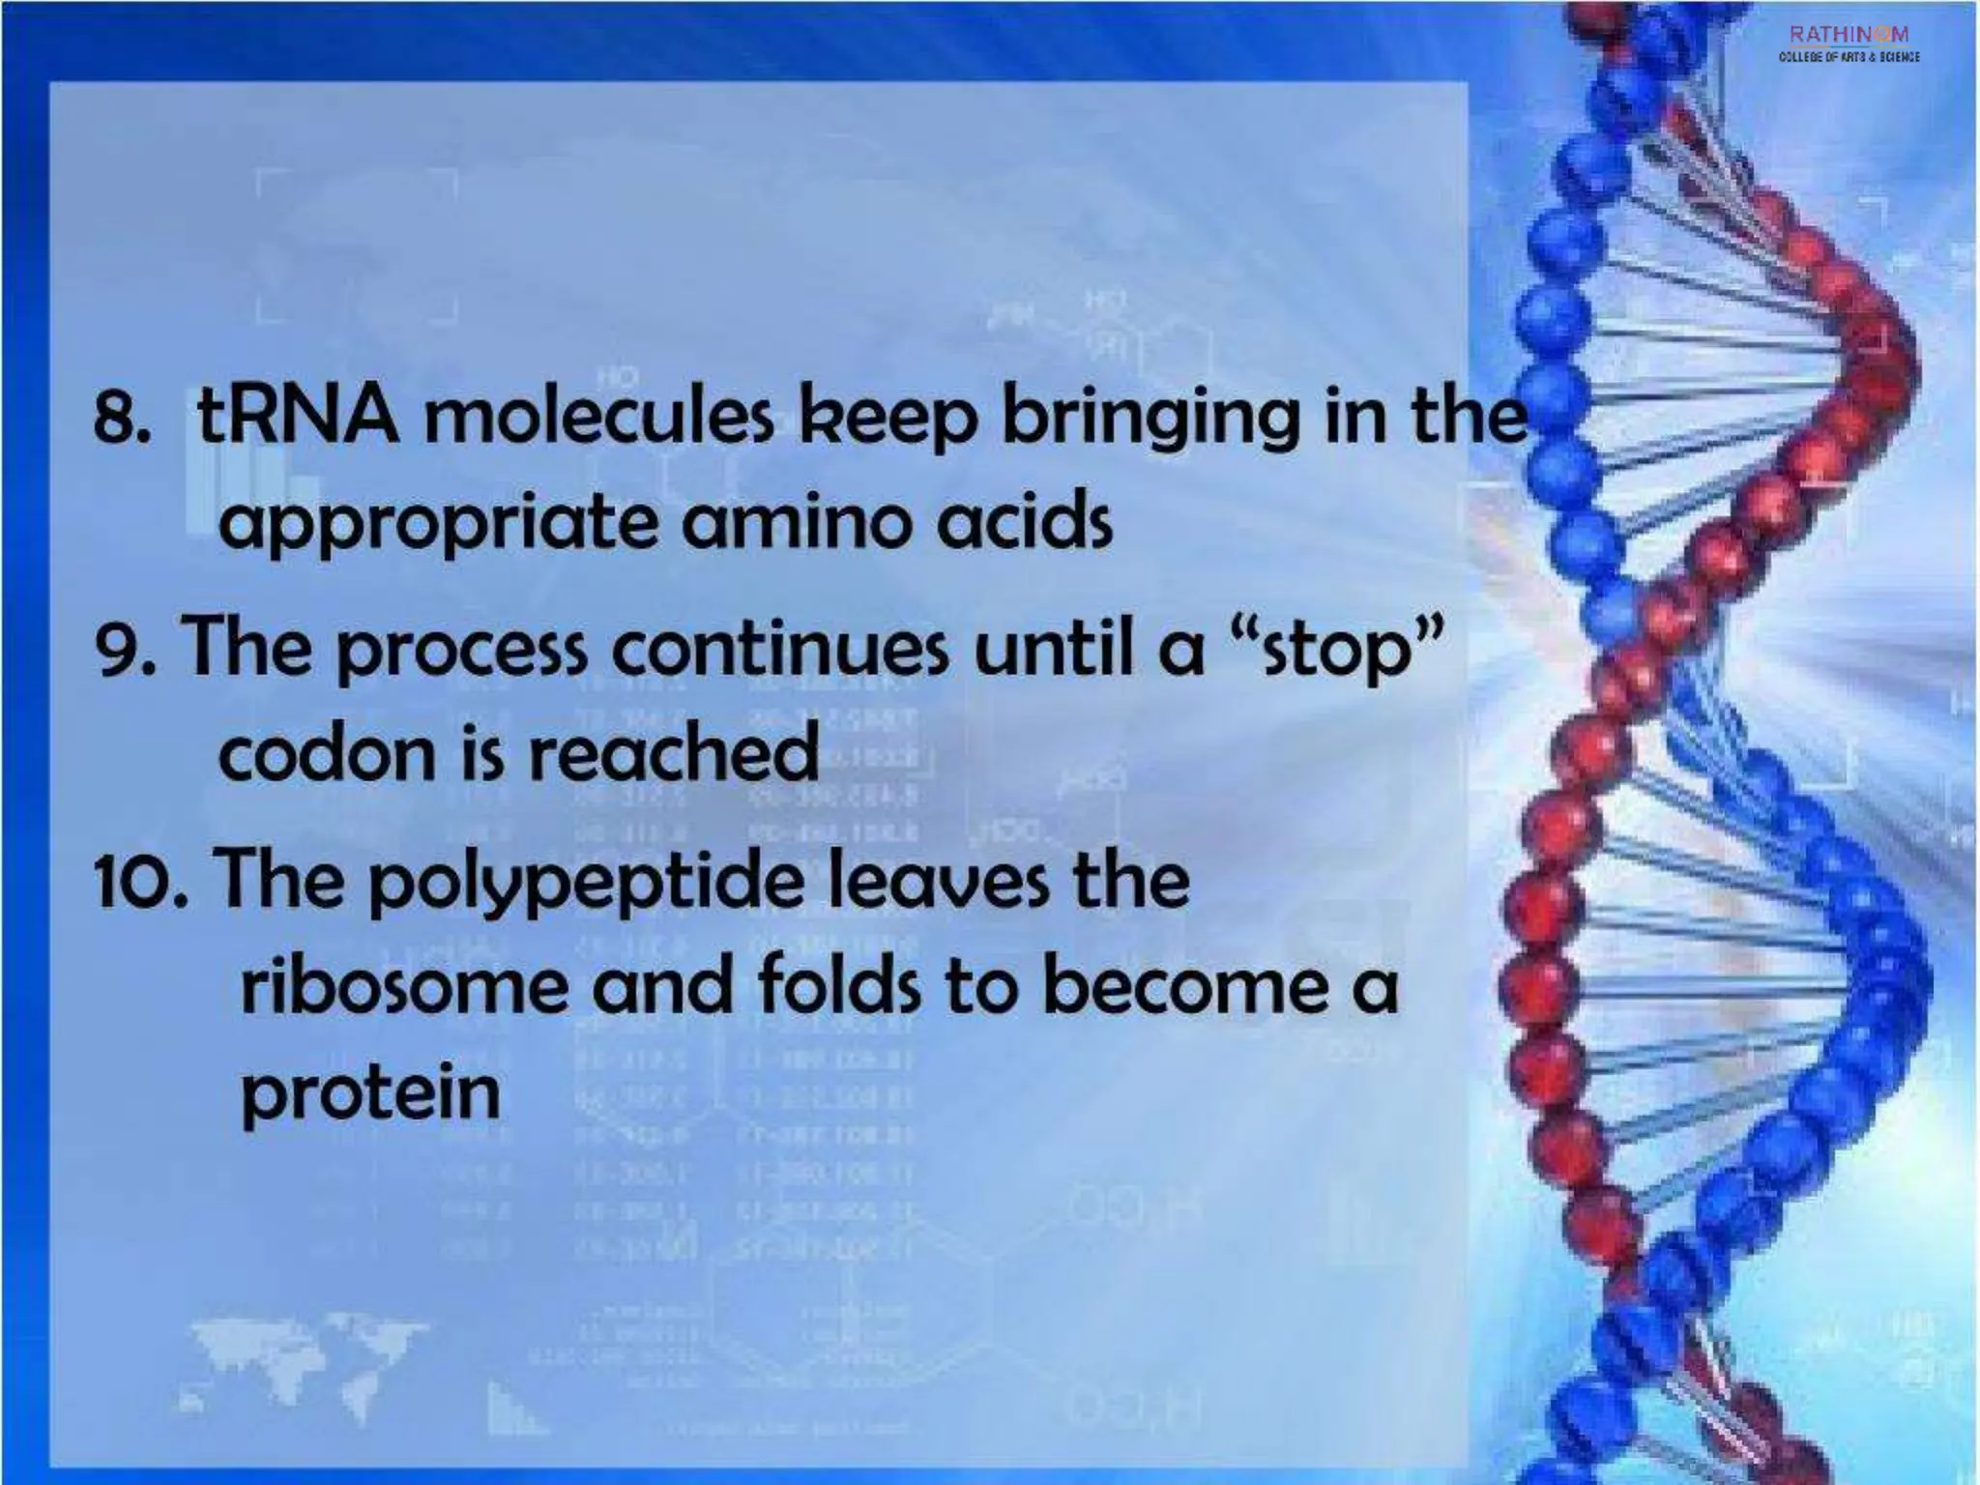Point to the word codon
pyautogui.click(x=327, y=755)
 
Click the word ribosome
pyautogui.click(x=401, y=987)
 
